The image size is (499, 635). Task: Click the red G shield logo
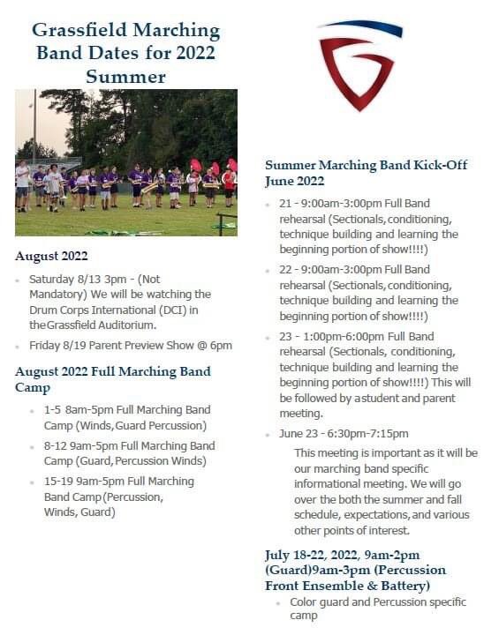tap(359, 66)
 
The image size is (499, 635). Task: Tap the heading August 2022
tap(51, 256)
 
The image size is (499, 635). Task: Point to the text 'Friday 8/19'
tap(58, 345)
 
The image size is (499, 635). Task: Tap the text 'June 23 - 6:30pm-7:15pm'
tap(344, 433)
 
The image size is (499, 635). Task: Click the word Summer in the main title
tap(125, 77)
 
